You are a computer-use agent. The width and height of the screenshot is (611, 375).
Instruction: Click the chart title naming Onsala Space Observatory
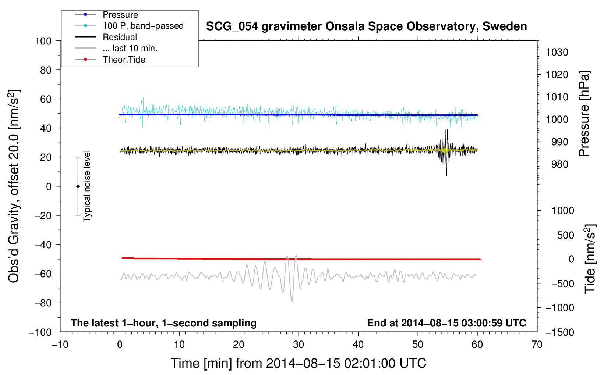[366, 26]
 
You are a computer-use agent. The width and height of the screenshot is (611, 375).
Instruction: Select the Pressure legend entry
[120, 15]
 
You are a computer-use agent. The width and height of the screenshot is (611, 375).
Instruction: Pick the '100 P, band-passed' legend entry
[143, 26]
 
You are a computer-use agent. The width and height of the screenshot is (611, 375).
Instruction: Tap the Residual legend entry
[120, 37]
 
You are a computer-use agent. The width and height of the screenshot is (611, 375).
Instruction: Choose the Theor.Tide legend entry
[124, 60]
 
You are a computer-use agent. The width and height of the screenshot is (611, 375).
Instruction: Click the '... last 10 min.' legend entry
[130, 48]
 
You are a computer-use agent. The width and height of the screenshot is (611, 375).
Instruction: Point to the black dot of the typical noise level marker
[78, 186]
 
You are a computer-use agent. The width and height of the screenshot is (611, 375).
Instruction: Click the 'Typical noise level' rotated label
[87, 186]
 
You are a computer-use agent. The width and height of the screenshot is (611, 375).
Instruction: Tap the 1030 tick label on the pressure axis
[557, 52]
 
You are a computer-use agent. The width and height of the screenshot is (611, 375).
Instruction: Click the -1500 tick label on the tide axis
[559, 332]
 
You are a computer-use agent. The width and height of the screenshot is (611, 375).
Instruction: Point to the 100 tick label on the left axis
[43, 41]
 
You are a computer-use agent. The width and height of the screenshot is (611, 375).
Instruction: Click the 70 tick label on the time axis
[537, 344]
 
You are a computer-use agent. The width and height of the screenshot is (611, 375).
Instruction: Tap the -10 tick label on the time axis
[60, 344]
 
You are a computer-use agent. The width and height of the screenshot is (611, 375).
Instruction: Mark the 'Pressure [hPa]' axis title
[584, 114]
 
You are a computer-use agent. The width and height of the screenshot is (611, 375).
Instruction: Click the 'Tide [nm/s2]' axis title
[590, 259]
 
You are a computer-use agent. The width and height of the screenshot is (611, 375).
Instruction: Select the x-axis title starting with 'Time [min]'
[298, 363]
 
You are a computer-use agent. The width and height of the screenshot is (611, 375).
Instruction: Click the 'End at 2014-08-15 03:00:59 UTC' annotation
[446, 323]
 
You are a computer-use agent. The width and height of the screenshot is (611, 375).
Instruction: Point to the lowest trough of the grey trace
[292, 302]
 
